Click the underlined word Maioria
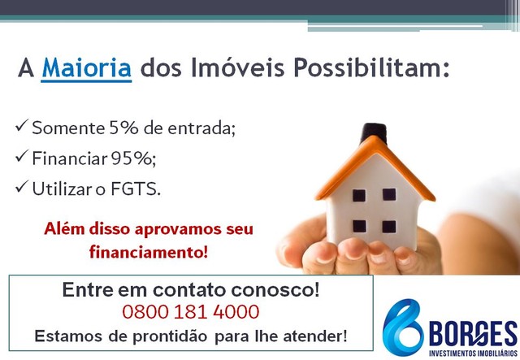tap(87, 68)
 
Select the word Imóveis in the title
tap(237, 67)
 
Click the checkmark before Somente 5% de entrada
tap(22, 126)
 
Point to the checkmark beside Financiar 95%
tap(22, 156)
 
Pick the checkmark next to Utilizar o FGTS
tap(22, 187)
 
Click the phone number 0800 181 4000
tap(191, 312)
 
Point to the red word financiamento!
tap(149, 252)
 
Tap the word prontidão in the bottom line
tap(170, 336)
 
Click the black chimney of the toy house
tap(375, 132)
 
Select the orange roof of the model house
tap(375, 169)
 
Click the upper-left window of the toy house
tap(359, 195)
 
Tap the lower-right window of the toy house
tap(389, 227)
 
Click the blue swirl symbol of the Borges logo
tap(402, 327)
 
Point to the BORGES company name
tap(473, 334)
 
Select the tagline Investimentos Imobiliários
tap(473, 353)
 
